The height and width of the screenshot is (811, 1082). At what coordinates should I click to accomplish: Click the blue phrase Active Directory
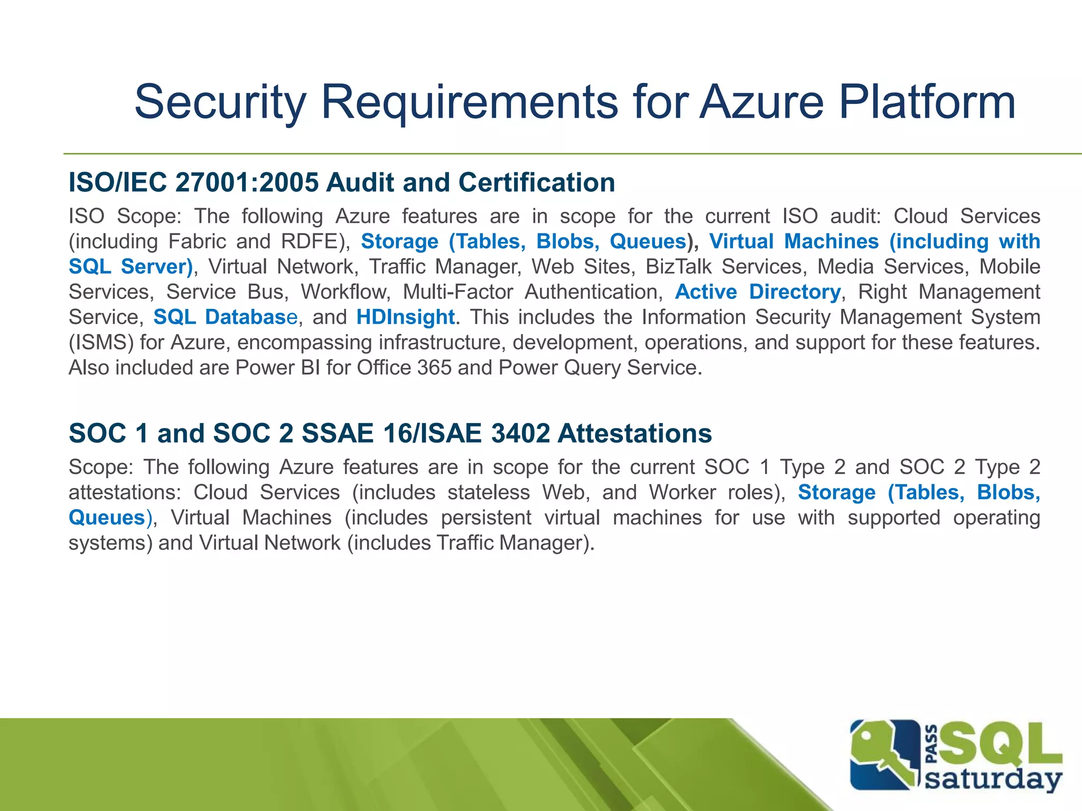pos(758,292)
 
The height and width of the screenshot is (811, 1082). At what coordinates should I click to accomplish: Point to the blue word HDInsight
pos(405,317)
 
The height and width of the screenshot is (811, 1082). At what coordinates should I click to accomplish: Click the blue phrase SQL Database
pos(226,317)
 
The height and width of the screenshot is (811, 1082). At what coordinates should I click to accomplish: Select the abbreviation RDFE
pos(310,242)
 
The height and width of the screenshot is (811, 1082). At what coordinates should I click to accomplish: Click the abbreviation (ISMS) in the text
pos(101,343)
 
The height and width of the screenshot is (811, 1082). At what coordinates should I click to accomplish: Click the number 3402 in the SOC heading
pos(520,433)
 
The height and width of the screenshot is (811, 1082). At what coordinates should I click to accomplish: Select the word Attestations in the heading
pos(635,433)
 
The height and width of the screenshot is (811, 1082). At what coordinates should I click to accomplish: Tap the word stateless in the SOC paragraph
pos(488,493)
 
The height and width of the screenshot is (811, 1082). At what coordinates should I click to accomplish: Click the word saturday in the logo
pos(993,778)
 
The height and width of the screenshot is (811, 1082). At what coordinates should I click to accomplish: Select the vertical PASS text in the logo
pos(932,744)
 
